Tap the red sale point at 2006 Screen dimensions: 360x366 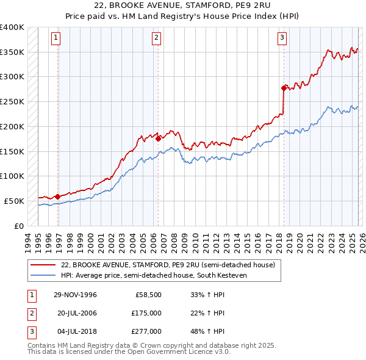158,139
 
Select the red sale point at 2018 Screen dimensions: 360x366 284,88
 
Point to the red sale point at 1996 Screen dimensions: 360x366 58,196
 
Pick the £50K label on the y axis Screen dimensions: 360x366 14,201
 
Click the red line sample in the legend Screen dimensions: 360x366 43,265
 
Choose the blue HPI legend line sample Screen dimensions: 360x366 43,275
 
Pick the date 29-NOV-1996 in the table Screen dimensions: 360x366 76,295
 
